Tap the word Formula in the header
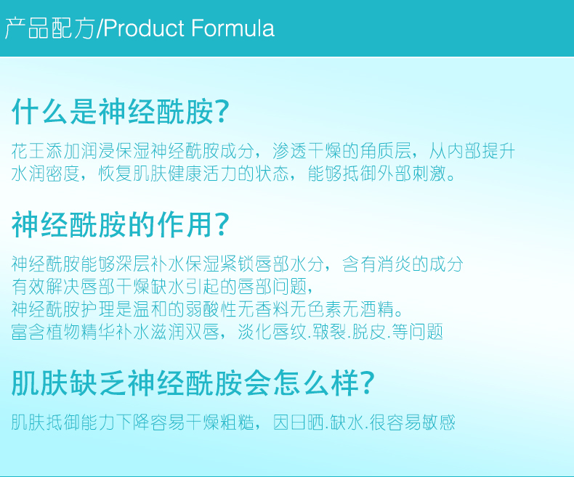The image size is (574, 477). click(x=233, y=28)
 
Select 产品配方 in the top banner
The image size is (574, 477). click(x=49, y=28)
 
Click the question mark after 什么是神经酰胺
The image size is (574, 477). click(x=222, y=111)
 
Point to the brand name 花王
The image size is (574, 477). click(x=28, y=151)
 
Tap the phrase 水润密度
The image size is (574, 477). click(x=46, y=174)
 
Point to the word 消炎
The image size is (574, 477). click(x=394, y=264)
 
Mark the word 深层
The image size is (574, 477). click(x=132, y=264)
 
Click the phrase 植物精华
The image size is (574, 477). click(x=81, y=332)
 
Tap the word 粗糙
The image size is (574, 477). click(x=237, y=423)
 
